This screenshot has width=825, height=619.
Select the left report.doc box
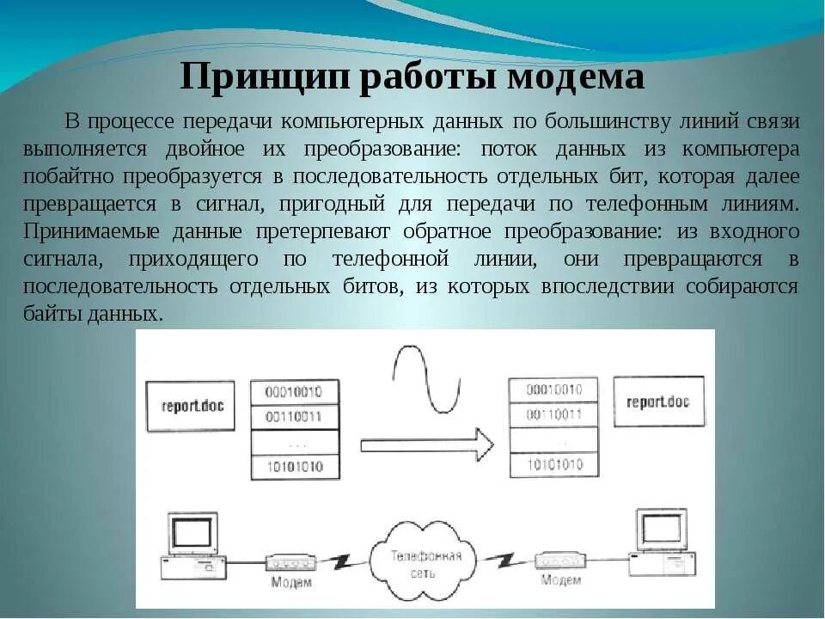(191, 404)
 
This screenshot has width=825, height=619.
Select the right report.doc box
(658, 402)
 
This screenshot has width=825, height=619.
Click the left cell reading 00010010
(293, 392)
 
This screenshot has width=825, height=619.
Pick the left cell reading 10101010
(293, 467)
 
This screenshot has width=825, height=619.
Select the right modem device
(559, 561)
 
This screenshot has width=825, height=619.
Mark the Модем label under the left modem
(291, 584)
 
